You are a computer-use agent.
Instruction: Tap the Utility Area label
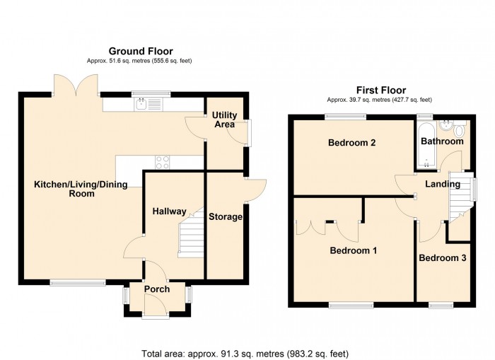225,120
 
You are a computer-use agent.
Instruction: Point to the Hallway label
170,211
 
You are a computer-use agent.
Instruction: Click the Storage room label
226,216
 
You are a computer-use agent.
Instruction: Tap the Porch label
157,289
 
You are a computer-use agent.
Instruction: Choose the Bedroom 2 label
351,143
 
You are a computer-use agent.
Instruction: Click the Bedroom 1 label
353,250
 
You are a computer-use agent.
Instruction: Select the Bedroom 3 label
442,258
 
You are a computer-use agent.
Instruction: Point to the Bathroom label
442,141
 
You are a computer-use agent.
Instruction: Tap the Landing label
443,185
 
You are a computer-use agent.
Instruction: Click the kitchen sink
149,105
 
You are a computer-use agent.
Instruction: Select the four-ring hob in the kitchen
162,161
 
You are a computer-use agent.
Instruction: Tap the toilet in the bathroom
460,129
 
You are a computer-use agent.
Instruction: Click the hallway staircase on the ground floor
190,237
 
